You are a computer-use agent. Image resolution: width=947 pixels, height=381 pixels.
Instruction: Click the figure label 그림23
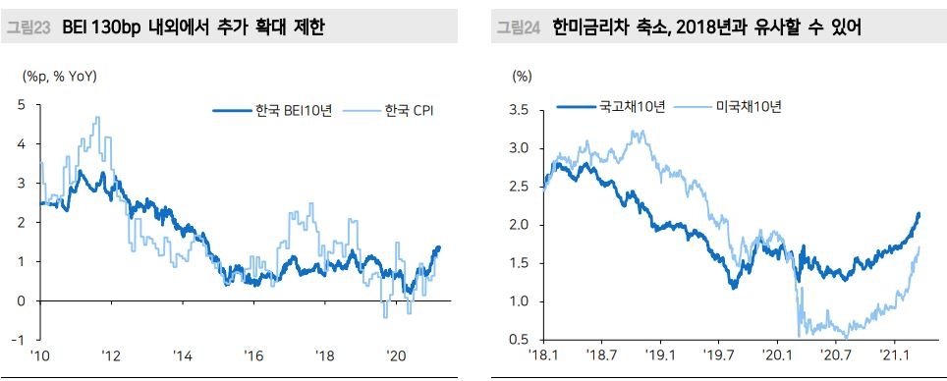point(30,27)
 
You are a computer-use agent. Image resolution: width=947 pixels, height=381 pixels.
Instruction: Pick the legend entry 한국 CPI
point(408,110)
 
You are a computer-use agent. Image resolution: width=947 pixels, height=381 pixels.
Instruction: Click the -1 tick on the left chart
point(19,340)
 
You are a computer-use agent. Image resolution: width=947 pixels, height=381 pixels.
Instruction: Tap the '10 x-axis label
point(40,355)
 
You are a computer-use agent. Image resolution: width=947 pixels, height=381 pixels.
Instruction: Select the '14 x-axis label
point(183,355)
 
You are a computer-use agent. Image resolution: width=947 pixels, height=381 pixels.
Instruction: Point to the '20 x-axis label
point(397,355)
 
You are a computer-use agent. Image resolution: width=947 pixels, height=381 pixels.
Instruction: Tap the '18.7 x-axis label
point(601,355)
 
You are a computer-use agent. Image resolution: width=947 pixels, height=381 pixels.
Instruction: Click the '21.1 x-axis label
point(893,355)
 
